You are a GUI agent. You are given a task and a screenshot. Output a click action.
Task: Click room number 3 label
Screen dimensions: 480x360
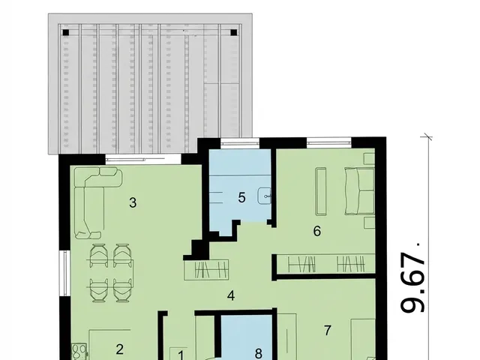coord(133,202)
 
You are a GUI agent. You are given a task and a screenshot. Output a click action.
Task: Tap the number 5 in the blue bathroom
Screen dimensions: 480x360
coord(241,197)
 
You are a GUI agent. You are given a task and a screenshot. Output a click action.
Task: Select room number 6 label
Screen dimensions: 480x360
coord(317,231)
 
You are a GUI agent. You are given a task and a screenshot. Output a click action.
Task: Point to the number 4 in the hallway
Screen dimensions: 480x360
coord(231,295)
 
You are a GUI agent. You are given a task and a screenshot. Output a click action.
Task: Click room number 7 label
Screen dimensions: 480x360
coord(328,330)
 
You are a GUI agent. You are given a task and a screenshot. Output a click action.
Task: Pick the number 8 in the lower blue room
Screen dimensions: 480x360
coord(259,353)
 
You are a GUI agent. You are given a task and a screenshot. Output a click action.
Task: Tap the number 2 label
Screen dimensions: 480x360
coord(119,349)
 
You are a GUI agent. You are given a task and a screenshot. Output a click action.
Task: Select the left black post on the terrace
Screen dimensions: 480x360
coord(65,32)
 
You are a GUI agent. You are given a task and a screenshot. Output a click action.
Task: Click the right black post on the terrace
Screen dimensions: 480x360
coord(233,32)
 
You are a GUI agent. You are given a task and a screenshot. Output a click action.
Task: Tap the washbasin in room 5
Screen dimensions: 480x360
coord(264,196)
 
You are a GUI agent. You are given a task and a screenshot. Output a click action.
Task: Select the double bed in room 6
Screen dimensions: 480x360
coord(360,190)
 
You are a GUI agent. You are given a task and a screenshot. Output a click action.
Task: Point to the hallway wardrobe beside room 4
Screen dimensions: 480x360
coord(207,270)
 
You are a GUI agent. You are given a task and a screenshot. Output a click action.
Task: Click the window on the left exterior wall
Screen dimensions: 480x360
coord(64,273)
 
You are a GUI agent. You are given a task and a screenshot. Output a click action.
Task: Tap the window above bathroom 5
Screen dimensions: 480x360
coord(240,142)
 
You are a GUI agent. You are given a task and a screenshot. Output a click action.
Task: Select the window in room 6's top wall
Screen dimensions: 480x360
coord(328,142)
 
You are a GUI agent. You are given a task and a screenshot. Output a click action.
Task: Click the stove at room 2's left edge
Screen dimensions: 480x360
coord(79,352)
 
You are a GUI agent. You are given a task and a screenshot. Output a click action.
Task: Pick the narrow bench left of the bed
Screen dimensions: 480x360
coord(321,191)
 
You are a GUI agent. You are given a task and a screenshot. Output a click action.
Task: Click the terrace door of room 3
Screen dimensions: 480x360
coord(143,159)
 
